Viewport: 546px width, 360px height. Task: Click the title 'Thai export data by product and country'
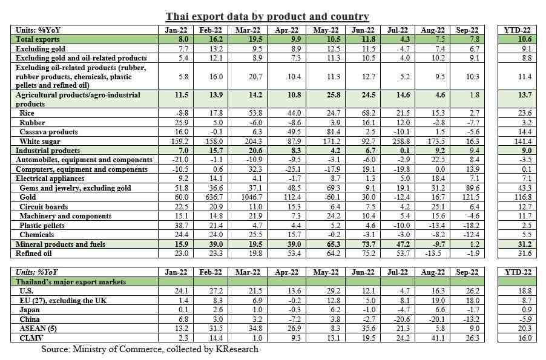click(267, 16)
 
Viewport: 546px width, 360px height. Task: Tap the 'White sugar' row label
click(40, 142)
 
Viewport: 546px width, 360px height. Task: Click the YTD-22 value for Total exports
click(524, 39)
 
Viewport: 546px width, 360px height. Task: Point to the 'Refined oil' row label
click(33, 253)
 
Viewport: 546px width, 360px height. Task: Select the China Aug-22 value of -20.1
click(433, 319)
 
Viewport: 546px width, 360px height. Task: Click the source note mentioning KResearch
click(150, 349)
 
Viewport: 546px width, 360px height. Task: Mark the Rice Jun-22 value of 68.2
click(368, 113)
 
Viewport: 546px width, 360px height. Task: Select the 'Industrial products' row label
click(48, 151)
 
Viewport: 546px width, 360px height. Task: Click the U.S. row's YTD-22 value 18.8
click(525, 290)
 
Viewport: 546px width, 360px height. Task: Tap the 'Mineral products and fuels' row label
click(61, 244)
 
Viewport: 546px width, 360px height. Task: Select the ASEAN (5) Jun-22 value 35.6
click(368, 329)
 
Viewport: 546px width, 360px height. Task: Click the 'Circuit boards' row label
click(44, 207)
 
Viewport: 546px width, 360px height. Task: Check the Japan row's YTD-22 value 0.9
click(527, 310)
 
